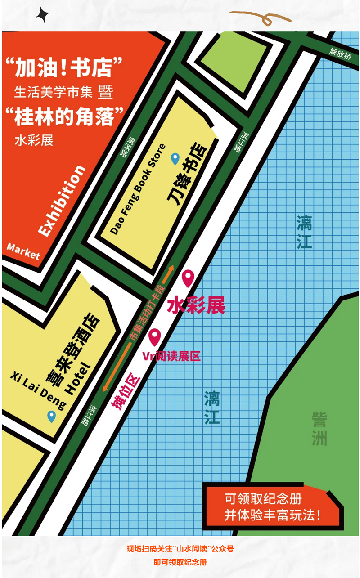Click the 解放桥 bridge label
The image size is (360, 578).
pos(340,54)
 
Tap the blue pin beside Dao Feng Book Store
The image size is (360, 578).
pos(175,158)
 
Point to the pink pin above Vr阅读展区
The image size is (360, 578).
pos(155,336)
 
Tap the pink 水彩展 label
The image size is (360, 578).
pos(196,306)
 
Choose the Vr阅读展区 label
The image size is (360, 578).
pos(171,357)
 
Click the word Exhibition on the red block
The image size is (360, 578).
pos(62,201)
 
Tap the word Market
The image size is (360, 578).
pos(23,251)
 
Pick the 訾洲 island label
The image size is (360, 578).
pos(319,428)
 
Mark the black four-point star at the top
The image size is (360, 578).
pos(43,15)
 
